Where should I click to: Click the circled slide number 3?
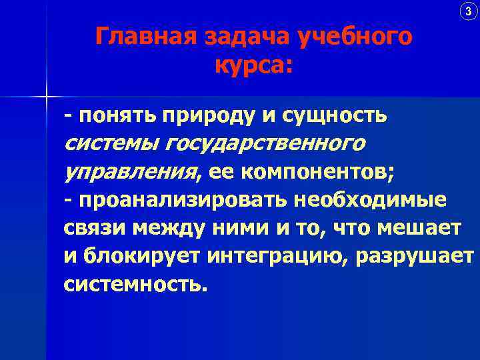tap(467, 11)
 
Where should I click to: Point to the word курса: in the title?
tap(254, 66)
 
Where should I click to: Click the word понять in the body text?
tap(115, 116)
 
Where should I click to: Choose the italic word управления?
tap(131, 173)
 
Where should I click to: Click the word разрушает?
tap(416, 257)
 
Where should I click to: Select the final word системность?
tap(131, 285)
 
